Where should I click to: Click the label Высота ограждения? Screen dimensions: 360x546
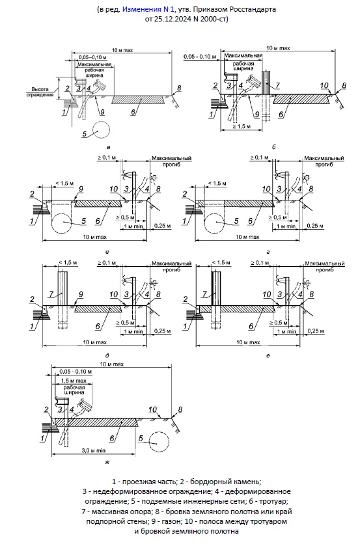[40, 92]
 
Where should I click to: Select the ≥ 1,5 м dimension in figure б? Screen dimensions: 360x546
[241, 126]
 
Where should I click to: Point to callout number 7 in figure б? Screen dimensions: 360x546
[277, 85]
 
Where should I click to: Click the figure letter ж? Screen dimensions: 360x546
[107, 462]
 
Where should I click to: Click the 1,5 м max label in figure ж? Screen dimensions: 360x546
[74, 381]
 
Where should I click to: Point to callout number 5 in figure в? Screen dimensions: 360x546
[83, 221]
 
